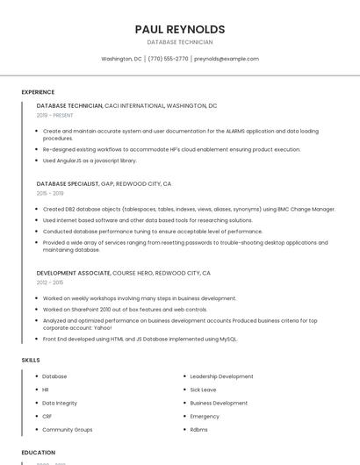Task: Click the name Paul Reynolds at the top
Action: click(180, 29)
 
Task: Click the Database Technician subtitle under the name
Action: click(180, 42)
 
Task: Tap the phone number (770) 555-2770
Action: click(168, 59)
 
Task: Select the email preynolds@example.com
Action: click(227, 59)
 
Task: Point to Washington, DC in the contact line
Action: click(121, 59)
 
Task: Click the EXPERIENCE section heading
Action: click(38, 92)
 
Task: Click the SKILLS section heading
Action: click(31, 360)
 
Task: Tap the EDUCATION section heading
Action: click(38, 453)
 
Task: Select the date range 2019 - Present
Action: click(55, 115)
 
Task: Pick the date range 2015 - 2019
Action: click(50, 193)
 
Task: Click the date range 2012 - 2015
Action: click(50, 283)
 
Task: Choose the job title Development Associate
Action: click(74, 273)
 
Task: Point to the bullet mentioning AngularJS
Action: click(90, 161)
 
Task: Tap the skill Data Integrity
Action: click(60, 403)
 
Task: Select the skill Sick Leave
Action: click(203, 390)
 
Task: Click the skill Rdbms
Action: click(199, 430)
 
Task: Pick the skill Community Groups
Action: click(68, 430)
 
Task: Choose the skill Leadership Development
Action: click(221, 376)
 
